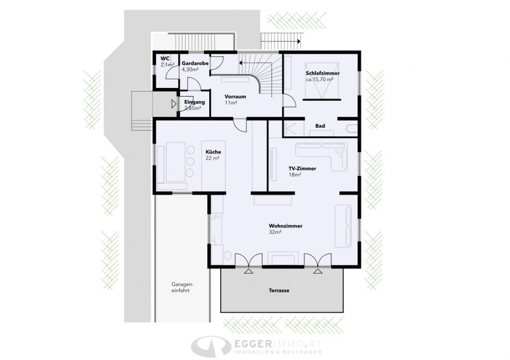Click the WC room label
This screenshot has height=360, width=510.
(165, 58)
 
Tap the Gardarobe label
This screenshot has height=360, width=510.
(195, 63)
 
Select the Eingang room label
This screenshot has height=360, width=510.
(194, 102)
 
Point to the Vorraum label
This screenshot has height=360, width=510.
(235, 97)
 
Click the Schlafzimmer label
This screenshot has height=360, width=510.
(323, 74)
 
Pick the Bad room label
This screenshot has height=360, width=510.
(320, 126)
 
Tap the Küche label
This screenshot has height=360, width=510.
(213, 152)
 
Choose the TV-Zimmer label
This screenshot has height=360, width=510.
(302, 168)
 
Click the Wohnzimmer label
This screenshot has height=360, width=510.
(286, 226)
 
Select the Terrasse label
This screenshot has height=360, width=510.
(279, 290)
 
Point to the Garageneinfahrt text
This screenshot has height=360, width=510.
(180, 287)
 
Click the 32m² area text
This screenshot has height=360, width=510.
(275, 232)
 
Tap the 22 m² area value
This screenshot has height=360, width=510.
(213, 158)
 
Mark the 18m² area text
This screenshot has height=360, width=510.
(295, 175)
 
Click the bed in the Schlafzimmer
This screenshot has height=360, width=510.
(322, 80)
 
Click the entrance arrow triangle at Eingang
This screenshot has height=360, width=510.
(174, 104)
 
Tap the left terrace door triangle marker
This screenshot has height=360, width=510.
(249, 271)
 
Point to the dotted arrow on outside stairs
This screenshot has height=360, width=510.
(280, 41)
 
